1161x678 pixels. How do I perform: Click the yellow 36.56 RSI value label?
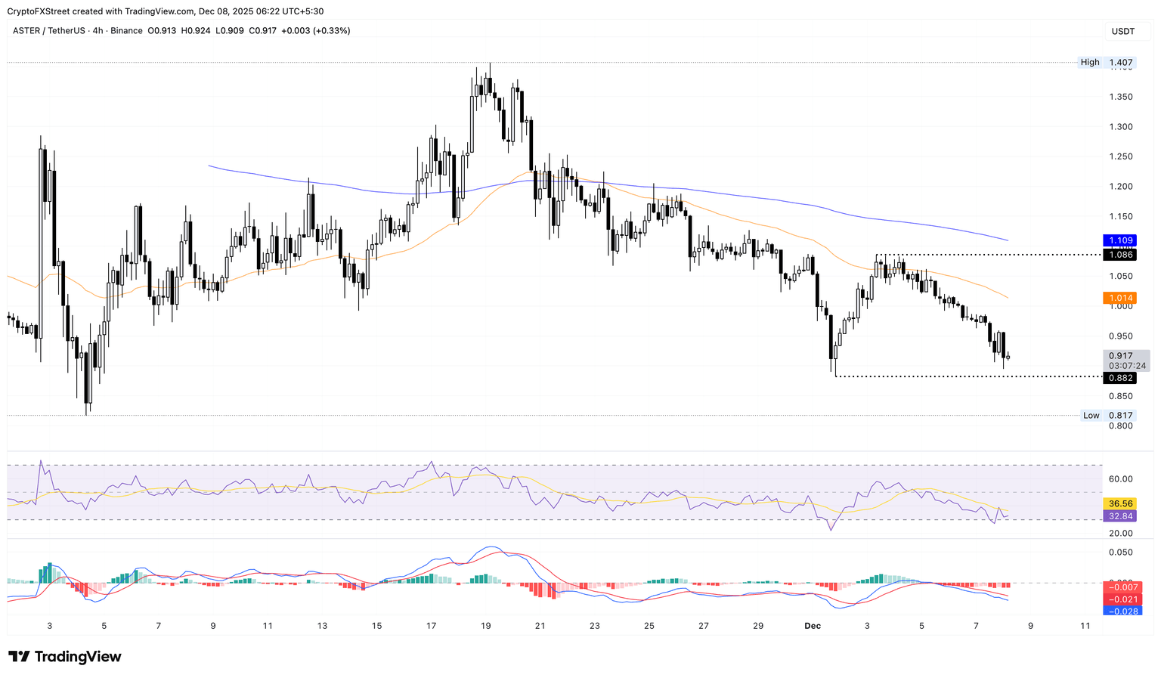tap(1120, 503)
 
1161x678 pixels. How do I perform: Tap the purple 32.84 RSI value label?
tap(1120, 516)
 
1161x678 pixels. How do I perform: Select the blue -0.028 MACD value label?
tap(1121, 611)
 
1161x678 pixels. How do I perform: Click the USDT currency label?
tap(1122, 31)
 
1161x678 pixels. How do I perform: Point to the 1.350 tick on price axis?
tap(1120, 97)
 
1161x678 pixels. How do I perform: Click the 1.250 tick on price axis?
tap(1120, 156)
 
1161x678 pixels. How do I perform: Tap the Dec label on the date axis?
tap(813, 626)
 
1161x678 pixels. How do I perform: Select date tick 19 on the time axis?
tap(486, 626)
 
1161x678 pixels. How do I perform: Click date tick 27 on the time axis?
tap(704, 626)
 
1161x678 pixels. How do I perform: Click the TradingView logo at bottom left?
tap(65, 657)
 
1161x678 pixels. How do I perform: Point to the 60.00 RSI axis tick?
tap(1120, 479)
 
